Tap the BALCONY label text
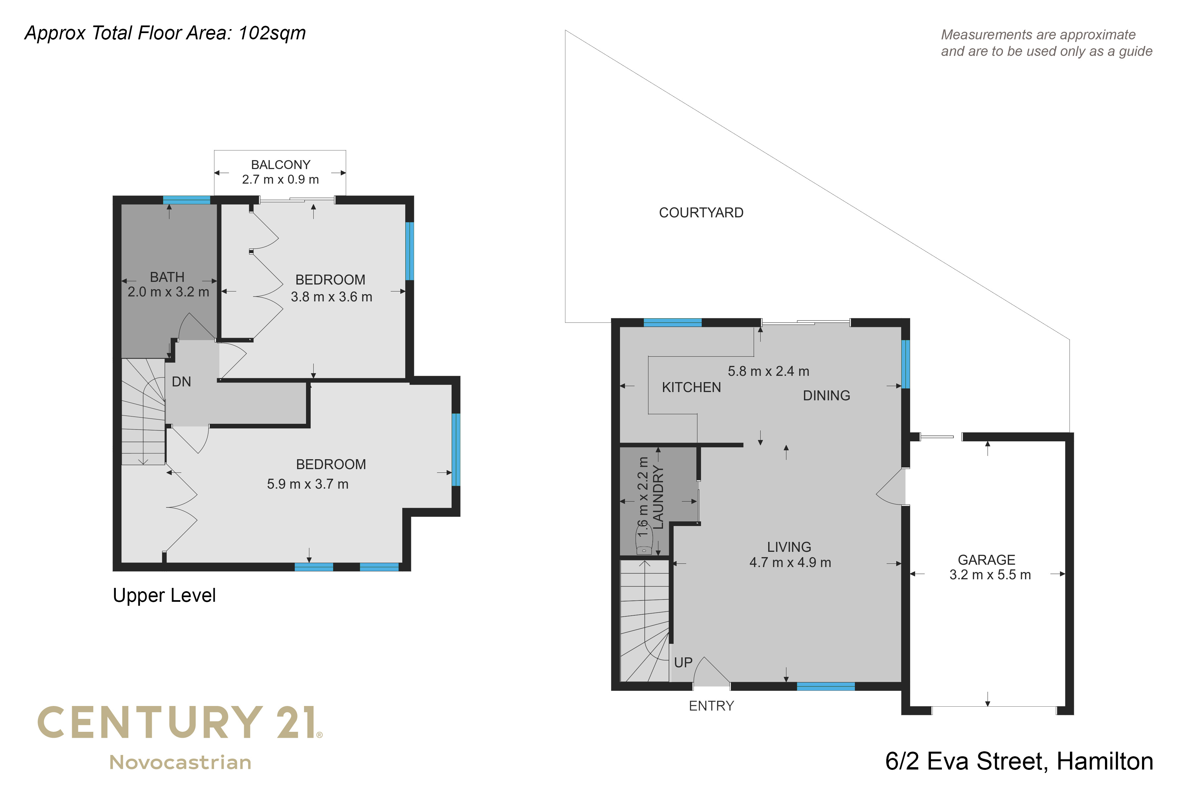[281, 164]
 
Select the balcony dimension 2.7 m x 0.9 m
[281, 179]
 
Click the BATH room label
[167, 277]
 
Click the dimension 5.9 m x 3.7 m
[308, 484]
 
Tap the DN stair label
[181, 382]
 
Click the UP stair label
[683, 662]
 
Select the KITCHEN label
[691, 387]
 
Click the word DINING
[826, 395]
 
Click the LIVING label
[789, 547]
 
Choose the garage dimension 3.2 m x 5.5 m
[990, 575]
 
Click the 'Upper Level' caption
[164, 595]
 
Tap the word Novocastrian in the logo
[180, 762]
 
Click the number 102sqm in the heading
[272, 33]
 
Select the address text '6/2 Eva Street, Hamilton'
[1019, 761]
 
